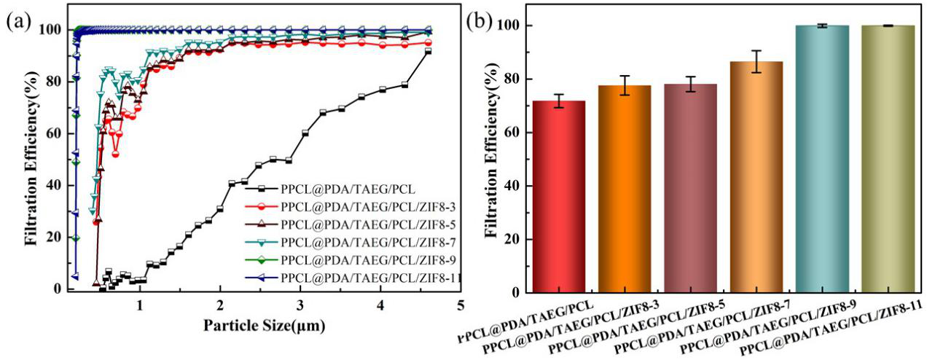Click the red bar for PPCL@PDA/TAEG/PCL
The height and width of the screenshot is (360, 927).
click(559, 197)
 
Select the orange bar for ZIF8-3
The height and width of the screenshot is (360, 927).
click(625, 189)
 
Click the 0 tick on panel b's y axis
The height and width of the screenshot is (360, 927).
click(517, 293)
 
